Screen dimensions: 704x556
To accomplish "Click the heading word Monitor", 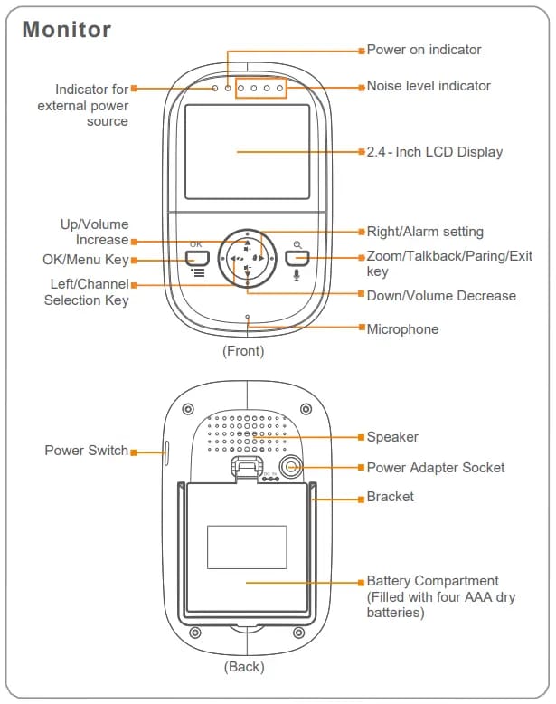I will [67, 29].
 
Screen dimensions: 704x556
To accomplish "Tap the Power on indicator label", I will [423, 50].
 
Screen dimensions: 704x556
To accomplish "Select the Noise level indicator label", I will [429, 86].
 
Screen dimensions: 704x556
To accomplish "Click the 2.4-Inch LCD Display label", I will [434, 152].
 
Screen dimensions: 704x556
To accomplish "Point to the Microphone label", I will [402, 329].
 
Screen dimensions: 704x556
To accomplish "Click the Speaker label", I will [392, 437].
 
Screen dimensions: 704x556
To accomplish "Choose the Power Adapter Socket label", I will [436, 468].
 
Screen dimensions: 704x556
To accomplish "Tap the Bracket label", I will [391, 497].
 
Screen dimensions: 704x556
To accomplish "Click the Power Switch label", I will [86, 451].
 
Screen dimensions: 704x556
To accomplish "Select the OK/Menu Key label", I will [86, 260].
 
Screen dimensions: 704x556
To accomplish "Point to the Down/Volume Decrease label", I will [441, 296].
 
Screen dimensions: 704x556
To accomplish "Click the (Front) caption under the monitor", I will [243, 351].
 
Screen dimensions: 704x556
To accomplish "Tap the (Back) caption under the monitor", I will [244, 667].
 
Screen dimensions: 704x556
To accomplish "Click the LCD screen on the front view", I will [247, 151].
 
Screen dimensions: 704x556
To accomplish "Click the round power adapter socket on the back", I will [291, 467].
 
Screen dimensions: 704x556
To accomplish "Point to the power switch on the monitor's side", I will [166, 450].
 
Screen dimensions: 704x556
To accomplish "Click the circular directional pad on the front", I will [247, 259].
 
